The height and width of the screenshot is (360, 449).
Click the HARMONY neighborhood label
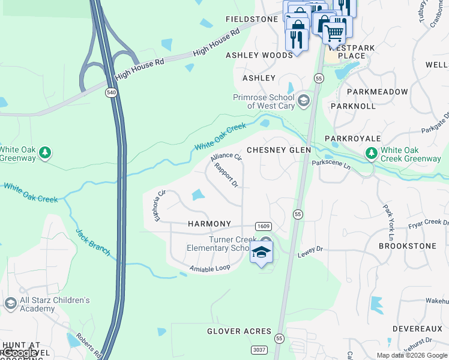[209, 224]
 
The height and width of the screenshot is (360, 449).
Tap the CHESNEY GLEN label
[279, 150]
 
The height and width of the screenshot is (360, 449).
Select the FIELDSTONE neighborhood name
[252, 19]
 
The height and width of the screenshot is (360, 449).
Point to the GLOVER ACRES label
[240, 331]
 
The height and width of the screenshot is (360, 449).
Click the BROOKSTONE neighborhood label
[406, 246]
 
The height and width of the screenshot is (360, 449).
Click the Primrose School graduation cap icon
[304, 100]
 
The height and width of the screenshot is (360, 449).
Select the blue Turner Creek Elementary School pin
[261, 252]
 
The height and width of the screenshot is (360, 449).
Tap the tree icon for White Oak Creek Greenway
[372, 154]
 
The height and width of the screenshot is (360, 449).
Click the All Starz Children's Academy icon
[10, 304]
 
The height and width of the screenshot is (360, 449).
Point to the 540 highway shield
[110, 92]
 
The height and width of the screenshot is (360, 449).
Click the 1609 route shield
[263, 226]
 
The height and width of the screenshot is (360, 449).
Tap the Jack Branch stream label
[93, 242]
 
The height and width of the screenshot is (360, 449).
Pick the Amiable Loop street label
[209, 268]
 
